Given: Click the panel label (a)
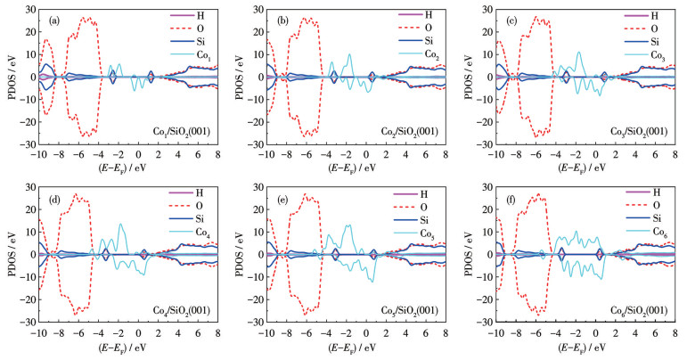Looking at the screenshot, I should click(55, 20).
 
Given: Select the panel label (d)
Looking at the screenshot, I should click(55, 197).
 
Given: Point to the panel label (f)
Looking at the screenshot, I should click(514, 197).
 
